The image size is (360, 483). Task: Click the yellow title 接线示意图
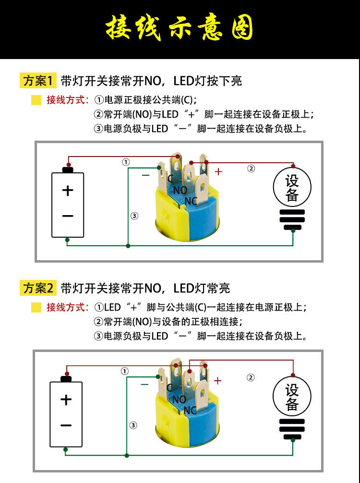pyautogui.click(x=180, y=28)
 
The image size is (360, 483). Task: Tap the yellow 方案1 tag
pyautogui.click(x=38, y=81)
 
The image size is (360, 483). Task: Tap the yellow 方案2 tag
pyautogui.click(x=38, y=288)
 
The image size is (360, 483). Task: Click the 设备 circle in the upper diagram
pyautogui.click(x=292, y=188)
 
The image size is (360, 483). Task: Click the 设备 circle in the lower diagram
pyautogui.click(x=292, y=397)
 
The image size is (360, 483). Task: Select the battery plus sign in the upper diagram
pyautogui.click(x=68, y=191)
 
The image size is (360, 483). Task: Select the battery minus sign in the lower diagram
pyautogui.click(x=66, y=425)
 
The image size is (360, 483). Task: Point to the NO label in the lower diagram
pyautogui.click(x=179, y=399)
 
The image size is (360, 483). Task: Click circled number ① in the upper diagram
pyautogui.click(x=126, y=162)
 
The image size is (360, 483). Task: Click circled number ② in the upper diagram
pyautogui.click(x=251, y=168)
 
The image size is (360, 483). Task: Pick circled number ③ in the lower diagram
pyautogui.click(x=133, y=425)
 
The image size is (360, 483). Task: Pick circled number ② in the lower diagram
pyautogui.click(x=251, y=377)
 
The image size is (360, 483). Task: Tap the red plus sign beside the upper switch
pyautogui.click(x=218, y=171)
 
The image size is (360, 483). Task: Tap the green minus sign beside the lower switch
pyautogui.click(x=144, y=384)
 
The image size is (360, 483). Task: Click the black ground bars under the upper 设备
pyautogui.click(x=292, y=220)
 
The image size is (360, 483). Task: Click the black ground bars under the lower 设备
pyautogui.click(x=292, y=429)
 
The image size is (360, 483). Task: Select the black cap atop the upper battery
pyautogui.click(x=68, y=169)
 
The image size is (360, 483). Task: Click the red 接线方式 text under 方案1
pyautogui.click(x=67, y=100)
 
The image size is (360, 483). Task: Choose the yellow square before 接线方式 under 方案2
pyautogui.click(x=36, y=308)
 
